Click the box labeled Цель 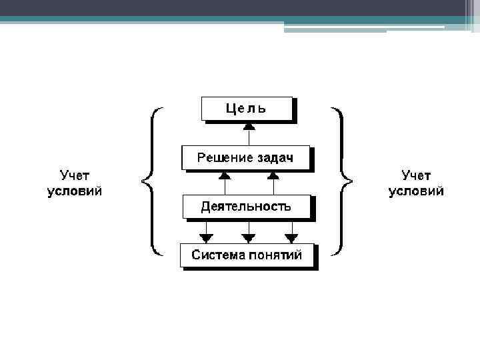(x=247, y=109)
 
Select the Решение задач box (x=245, y=158)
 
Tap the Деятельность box (x=246, y=207)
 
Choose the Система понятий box (x=247, y=255)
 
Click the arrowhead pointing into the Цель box (x=248, y=125)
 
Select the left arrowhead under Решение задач (x=225, y=175)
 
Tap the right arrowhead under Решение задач (x=273, y=175)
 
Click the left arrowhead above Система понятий (x=206, y=237)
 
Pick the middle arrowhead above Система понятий (x=248, y=237)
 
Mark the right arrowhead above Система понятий (x=291, y=237)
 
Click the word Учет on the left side (x=75, y=175)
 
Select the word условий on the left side (x=75, y=191)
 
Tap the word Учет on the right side (x=416, y=175)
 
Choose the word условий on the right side (x=416, y=191)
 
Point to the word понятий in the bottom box (x=275, y=255)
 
